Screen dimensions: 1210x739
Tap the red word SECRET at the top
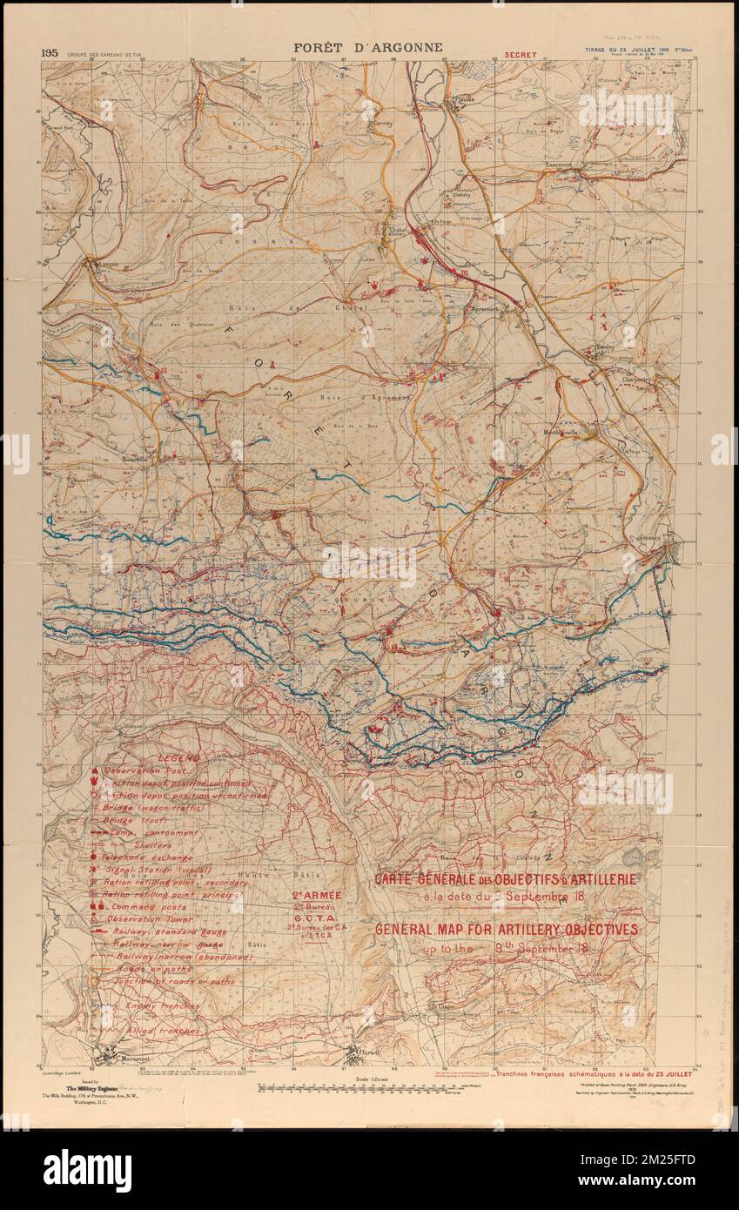pos(521,54)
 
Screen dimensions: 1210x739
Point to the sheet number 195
pos(50,52)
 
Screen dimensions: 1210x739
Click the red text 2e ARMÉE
pos(317,896)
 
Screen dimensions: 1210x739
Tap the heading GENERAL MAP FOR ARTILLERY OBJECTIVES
pos(506,930)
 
